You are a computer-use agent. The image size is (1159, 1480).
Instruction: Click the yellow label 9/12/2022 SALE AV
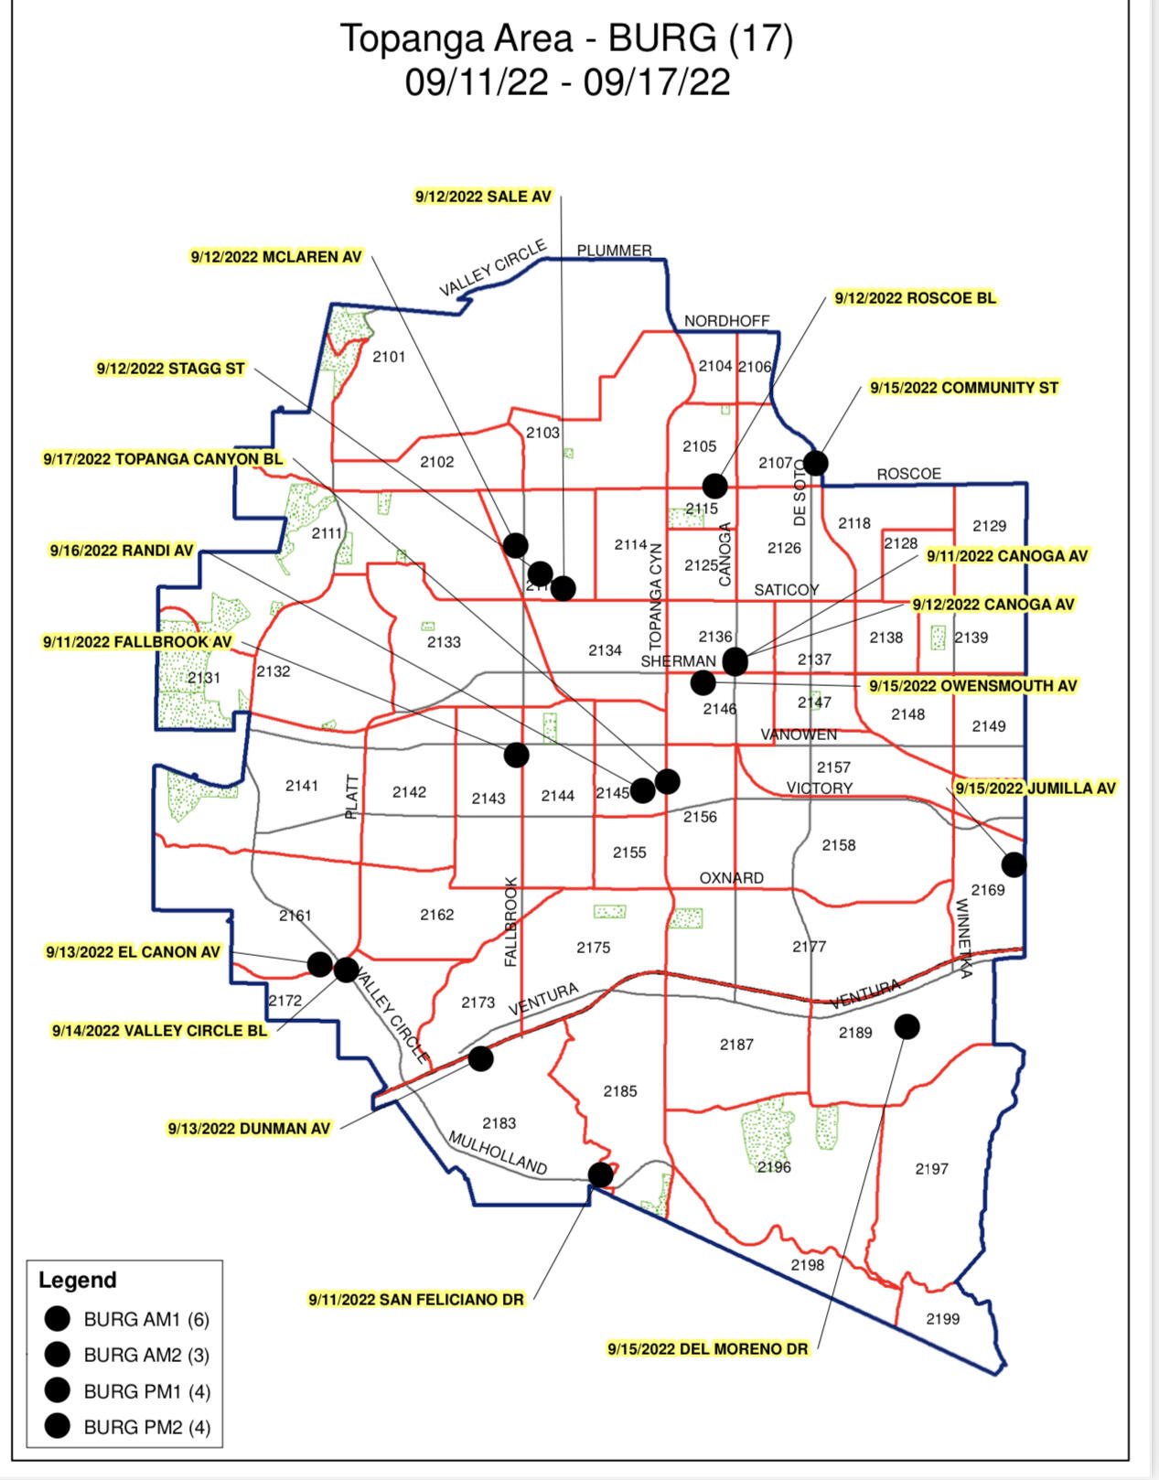[483, 197]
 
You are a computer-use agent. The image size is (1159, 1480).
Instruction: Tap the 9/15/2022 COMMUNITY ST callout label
[963, 388]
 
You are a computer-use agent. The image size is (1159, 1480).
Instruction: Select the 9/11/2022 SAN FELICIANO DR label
[416, 1299]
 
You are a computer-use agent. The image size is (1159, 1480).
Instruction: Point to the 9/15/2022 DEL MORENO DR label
[708, 1348]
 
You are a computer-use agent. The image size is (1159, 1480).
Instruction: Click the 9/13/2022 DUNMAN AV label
[249, 1129]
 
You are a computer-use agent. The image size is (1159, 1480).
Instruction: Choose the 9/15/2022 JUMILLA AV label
[1036, 788]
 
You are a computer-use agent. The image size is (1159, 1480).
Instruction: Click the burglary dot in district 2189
[907, 1026]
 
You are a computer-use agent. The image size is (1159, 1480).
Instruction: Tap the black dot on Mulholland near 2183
[600, 1174]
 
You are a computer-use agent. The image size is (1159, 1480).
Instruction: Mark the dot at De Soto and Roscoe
[815, 463]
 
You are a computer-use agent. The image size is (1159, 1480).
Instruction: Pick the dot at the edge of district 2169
[1014, 863]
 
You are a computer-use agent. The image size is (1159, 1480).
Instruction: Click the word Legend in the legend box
[78, 1280]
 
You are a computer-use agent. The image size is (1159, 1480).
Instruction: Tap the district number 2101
[389, 357]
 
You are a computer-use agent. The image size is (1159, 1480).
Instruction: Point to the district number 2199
[942, 1318]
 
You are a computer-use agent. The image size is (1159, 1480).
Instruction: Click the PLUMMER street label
[614, 251]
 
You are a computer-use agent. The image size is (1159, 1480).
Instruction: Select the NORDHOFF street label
[727, 321]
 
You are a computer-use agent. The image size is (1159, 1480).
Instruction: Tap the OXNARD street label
[731, 878]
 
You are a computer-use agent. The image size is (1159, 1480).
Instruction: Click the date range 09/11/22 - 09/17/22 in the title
[567, 82]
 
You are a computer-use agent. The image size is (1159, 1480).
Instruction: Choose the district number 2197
[931, 1168]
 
